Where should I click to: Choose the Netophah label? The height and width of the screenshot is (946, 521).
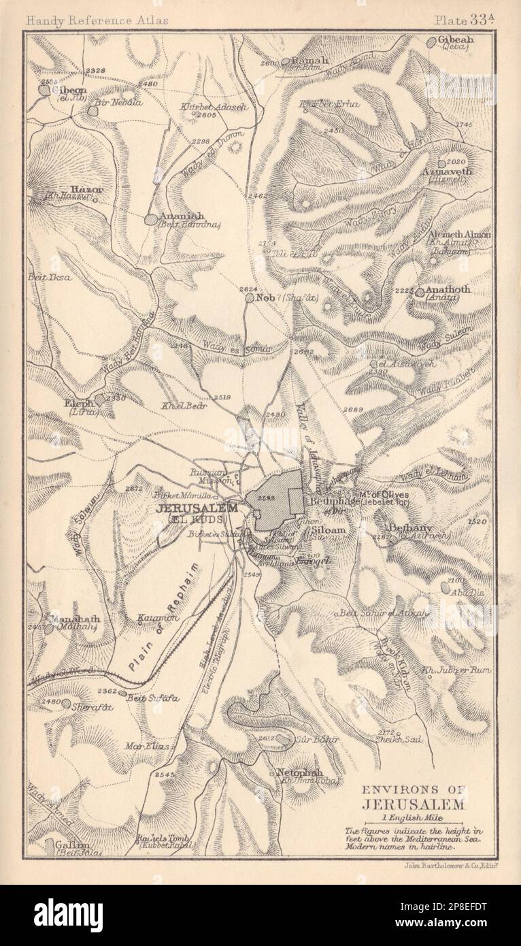[299, 773]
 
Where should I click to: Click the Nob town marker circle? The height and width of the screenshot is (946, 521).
[250, 297]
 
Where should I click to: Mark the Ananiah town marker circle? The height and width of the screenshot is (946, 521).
[150, 219]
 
